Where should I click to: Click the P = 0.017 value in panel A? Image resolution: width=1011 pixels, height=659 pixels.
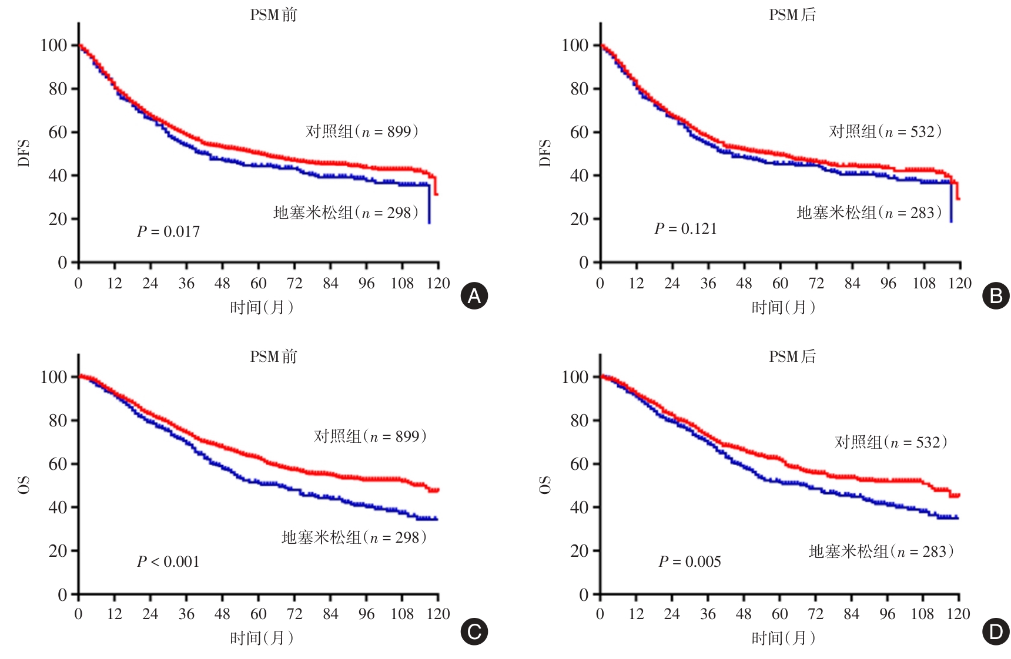coord(168,232)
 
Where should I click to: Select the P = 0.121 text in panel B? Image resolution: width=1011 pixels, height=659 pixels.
coord(686,229)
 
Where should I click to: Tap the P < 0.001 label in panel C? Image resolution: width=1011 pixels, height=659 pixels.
coord(168,562)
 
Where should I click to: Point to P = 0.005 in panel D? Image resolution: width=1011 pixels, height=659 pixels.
coord(689,562)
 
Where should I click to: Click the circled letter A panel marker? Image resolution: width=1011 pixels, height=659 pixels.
coord(474,296)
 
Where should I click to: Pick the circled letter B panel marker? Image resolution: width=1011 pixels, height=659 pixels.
coord(996,296)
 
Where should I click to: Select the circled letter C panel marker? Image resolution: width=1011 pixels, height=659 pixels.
coord(474,632)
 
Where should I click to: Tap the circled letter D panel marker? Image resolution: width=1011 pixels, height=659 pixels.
coord(996,632)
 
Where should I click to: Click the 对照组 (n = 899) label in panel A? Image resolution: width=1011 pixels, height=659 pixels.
coord(362,132)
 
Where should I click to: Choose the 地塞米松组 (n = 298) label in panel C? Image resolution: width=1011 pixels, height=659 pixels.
coord(354,537)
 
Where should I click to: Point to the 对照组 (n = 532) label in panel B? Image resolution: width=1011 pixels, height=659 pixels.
coord(885,132)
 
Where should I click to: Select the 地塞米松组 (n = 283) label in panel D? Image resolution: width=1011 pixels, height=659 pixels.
coord(881,552)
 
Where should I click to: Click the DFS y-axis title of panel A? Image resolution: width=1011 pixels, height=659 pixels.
coord(24,153)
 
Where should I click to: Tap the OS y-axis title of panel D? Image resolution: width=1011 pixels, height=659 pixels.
coord(545,485)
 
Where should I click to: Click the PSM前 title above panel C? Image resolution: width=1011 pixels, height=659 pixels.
coord(274,357)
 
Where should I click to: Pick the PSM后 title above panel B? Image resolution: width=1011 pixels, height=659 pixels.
coord(793,15)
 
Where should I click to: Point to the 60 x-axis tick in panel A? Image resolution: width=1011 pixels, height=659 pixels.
coord(259,284)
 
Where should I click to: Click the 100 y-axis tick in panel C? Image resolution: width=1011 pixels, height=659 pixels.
coord(53,377)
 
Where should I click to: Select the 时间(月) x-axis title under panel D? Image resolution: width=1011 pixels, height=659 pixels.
coord(784,638)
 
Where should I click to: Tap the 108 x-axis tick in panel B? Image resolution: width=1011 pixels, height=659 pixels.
coord(923,284)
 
